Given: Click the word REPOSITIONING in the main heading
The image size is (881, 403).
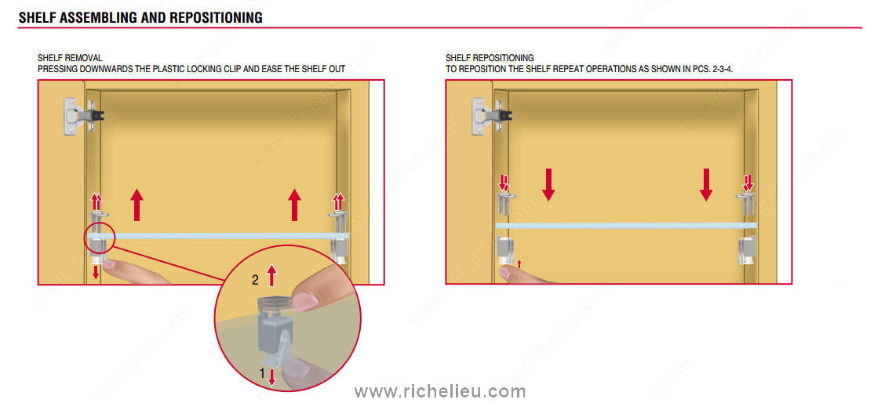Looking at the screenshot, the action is tap(216, 17).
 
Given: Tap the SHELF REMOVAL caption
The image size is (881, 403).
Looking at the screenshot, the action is tap(71, 58).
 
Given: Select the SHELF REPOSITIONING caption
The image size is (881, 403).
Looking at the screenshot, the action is tap(490, 58).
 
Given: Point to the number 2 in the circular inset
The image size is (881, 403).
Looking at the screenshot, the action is tap(255, 281).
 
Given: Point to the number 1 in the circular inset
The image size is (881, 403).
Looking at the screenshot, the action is tap(262, 372).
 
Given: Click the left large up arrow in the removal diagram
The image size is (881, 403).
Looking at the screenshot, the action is tap(136, 205).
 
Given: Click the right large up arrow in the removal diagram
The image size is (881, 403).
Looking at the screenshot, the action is tap(294, 205).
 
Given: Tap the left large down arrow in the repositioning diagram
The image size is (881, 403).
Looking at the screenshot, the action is tap(548, 185).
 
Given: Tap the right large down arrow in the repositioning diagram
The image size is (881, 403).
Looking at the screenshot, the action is tap(706, 185).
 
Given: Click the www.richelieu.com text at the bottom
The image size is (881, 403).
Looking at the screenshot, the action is tap(439, 391).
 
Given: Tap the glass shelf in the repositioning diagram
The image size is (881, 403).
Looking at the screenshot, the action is tap(626, 225).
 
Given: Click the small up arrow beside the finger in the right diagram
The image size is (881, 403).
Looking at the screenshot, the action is tap(519, 263).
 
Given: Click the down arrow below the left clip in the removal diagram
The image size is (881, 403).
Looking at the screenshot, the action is tap(96, 271).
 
